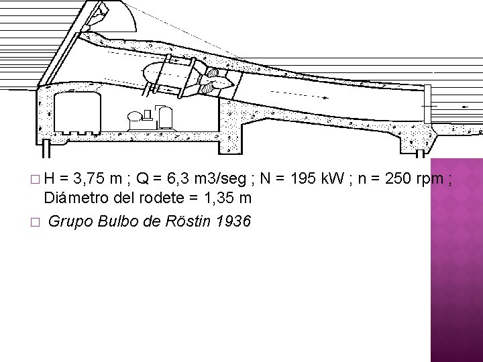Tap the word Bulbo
point(118,220)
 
